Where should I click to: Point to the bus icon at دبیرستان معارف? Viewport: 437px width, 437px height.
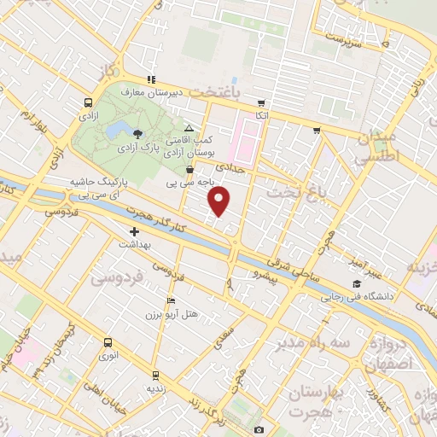tap(151, 79)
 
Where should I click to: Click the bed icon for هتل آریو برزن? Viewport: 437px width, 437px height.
tap(172, 300)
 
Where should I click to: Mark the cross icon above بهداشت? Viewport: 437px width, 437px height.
tap(134, 231)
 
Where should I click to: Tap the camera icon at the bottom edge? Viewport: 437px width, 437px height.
tap(259, 430)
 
